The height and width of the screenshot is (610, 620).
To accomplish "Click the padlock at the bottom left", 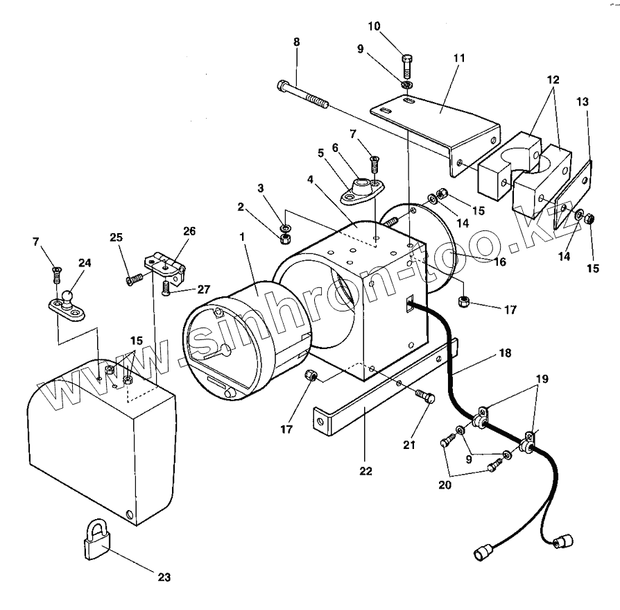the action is point(96,540).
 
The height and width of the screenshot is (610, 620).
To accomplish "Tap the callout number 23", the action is point(164,577).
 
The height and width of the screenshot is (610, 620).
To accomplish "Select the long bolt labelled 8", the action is point(303,95).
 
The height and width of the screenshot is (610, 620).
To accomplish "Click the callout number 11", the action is point(458,58).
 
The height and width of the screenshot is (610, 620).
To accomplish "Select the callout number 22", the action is point(365,471).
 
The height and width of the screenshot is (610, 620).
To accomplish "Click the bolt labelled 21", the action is point(425,396).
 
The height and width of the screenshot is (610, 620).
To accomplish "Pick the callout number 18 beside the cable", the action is point(506,353).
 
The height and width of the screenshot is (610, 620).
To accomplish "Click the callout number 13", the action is point(582,102).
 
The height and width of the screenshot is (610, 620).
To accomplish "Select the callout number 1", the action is point(242,237).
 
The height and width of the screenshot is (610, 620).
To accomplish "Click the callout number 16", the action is point(499,262).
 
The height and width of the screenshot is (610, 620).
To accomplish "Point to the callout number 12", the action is point(553,80).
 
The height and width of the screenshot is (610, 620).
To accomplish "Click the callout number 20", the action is point(445,484).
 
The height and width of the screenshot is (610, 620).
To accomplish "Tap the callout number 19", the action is point(542,379).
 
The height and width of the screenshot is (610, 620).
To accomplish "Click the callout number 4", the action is point(310,180).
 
